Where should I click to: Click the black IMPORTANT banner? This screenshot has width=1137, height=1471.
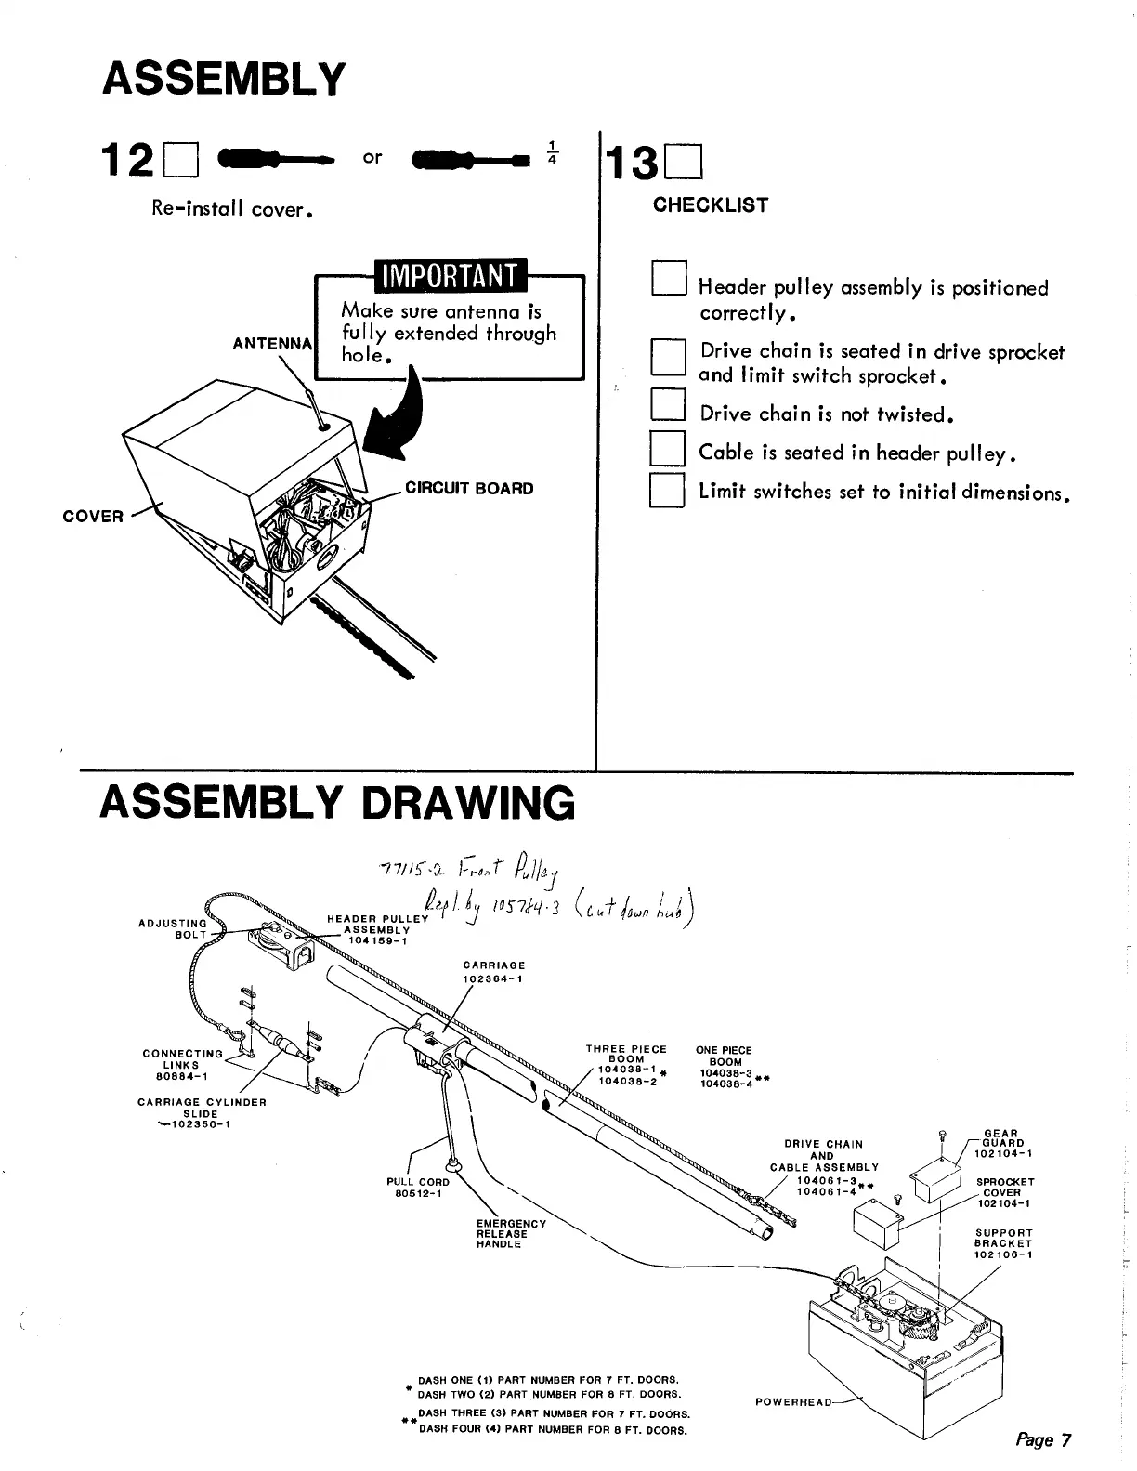[449, 276]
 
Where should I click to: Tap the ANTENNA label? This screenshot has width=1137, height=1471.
[273, 344]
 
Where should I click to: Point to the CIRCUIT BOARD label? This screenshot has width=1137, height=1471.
[469, 489]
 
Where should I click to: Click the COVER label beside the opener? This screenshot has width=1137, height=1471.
[92, 516]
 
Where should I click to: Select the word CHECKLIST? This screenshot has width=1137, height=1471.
[711, 205]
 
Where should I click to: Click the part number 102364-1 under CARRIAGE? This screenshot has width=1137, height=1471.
[493, 978]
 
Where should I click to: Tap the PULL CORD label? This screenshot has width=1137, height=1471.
[417, 1182]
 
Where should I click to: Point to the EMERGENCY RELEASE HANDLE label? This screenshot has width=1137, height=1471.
[511, 1234]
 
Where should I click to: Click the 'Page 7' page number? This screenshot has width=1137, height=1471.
[1043, 1439]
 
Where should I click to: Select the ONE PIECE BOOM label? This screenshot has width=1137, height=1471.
[725, 1056]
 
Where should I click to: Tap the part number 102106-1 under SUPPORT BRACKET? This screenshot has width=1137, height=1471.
[1003, 1254]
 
